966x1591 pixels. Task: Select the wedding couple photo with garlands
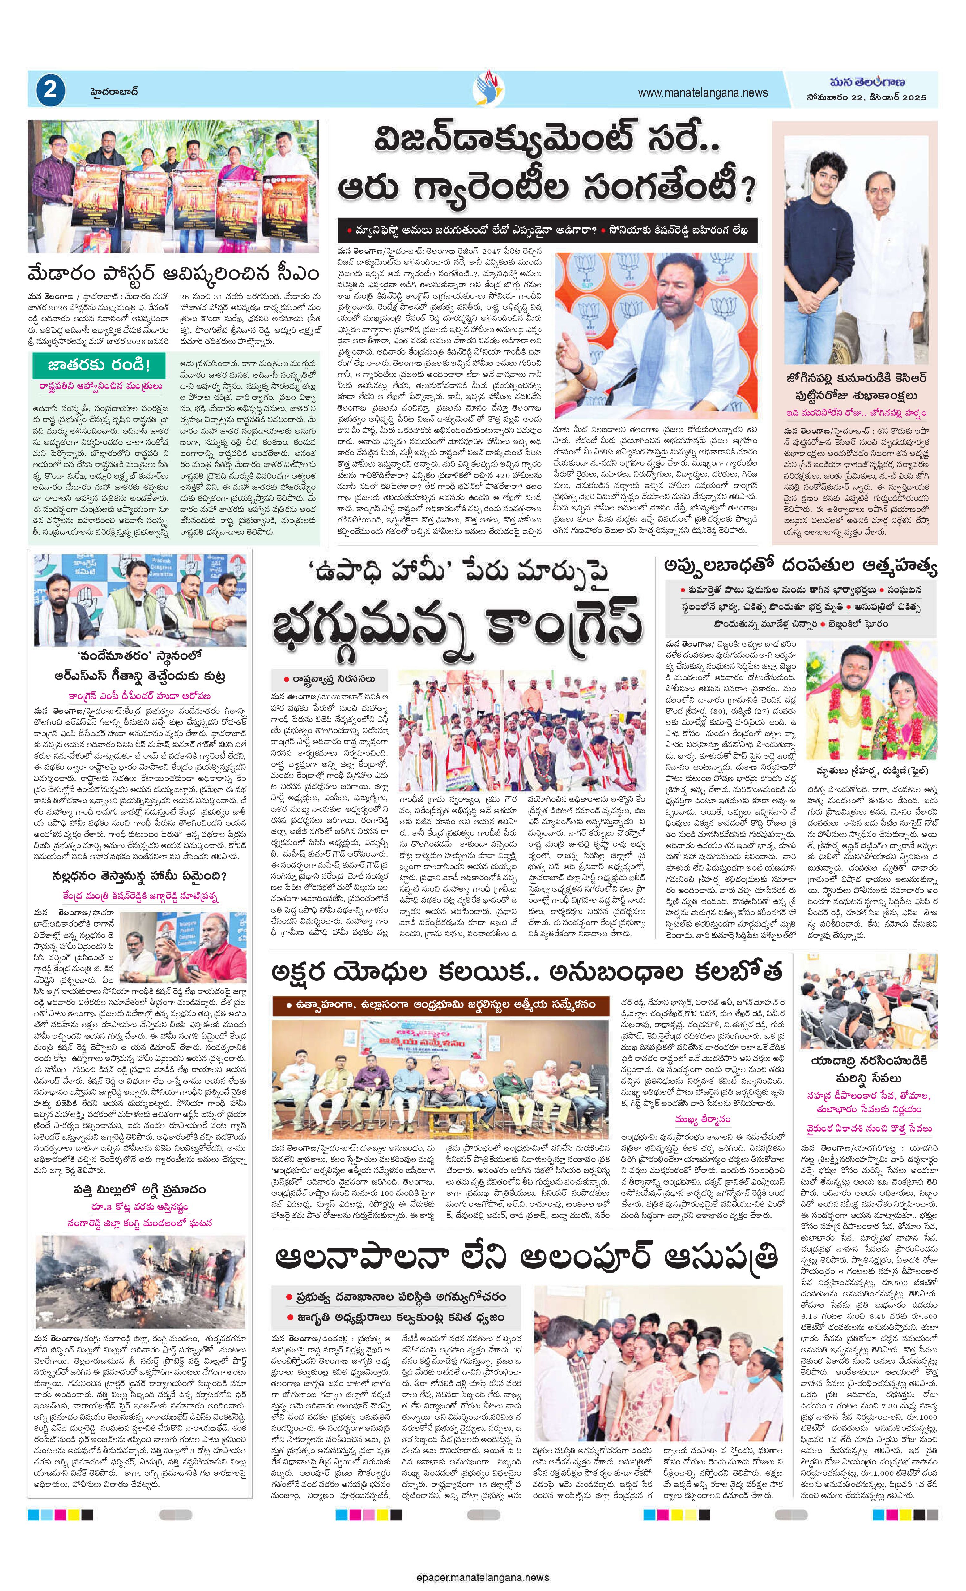tap(870, 700)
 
